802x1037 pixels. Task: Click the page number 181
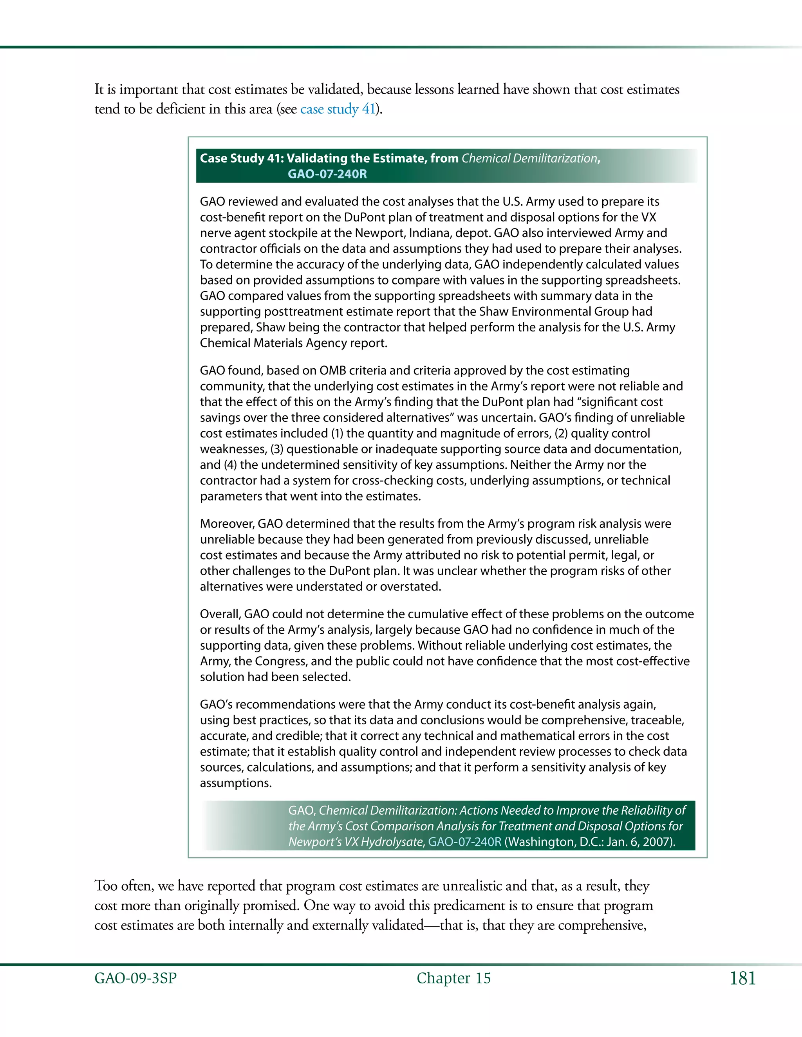click(742, 979)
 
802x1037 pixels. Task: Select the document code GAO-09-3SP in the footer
click(135, 979)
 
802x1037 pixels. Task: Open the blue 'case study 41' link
click(337, 109)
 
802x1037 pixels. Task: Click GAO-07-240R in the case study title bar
click(327, 174)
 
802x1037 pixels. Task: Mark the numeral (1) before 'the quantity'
click(336, 434)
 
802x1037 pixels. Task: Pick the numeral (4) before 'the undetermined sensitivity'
click(230, 465)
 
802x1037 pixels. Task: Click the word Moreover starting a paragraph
click(226, 524)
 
